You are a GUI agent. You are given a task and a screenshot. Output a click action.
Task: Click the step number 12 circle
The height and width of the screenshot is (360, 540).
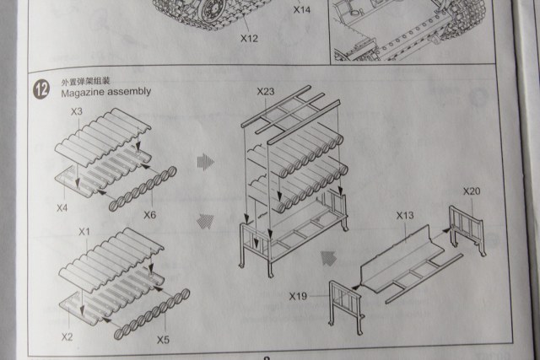pyautogui.click(x=40, y=88)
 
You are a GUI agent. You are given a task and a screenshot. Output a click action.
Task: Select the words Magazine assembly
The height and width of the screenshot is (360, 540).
pyautogui.click(x=105, y=92)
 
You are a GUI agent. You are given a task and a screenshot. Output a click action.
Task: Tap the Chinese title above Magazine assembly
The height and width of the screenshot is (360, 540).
pyautogui.click(x=84, y=82)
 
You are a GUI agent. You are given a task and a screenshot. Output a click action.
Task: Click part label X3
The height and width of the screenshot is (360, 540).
pyautogui.click(x=77, y=111)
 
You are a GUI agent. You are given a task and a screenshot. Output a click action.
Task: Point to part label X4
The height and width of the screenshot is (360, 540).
pyautogui.click(x=62, y=207)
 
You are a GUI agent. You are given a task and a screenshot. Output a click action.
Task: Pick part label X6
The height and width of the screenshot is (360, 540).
pyautogui.click(x=150, y=215)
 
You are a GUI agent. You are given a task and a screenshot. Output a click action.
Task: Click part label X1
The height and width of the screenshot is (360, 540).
pyautogui.click(x=84, y=231)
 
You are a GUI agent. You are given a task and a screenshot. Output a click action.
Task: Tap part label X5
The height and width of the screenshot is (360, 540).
pyautogui.click(x=163, y=340)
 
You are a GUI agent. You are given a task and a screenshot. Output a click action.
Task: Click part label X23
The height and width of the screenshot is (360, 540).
pyautogui.click(x=265, y=90)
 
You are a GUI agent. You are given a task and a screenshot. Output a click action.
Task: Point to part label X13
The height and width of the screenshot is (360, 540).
pyautogui.click(x=405, y=216)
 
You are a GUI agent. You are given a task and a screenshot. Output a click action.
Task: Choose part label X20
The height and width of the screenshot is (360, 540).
pyautogui.click(x=472, y=191)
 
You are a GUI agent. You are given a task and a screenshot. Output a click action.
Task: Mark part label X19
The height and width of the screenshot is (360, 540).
pyautogui.click(x=297, y=296)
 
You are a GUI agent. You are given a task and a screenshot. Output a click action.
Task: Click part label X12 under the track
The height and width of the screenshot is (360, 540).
pyautogui.click(x=248, y=39)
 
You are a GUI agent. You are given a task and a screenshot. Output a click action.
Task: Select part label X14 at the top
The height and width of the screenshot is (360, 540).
pyautogui.click(x=302, y=11)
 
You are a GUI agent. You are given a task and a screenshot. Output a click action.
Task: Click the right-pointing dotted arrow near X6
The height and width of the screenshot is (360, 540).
pyautogui.click(x=205, y=159)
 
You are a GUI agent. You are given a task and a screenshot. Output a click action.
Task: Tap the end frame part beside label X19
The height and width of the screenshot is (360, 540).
pyautogui.click(x=346, y=302)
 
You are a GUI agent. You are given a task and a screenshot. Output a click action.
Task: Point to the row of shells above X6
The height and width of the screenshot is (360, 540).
pyautogui.click(x=144, y=185)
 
